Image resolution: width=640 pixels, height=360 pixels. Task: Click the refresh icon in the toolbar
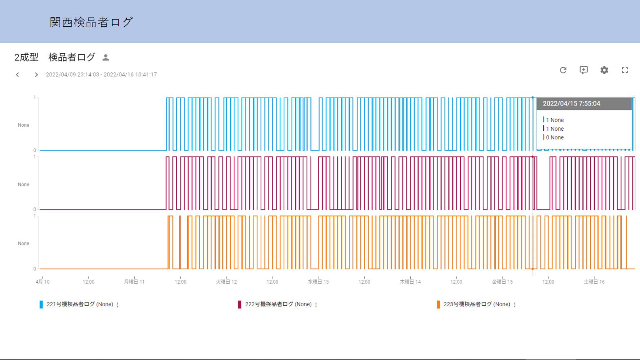563,70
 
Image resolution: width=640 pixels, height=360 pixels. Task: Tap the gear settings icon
604,70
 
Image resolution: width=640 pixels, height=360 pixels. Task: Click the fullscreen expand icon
625,70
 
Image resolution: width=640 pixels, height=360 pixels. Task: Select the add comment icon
583,70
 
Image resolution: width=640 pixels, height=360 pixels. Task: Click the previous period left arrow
17,75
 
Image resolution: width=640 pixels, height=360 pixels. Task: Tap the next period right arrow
36,75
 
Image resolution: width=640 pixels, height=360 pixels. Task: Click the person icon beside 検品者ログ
105,57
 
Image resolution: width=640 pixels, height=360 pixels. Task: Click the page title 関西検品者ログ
91,22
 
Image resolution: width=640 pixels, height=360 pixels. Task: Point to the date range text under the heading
101,75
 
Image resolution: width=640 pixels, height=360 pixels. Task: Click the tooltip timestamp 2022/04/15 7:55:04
571,104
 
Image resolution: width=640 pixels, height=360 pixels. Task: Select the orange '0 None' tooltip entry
555,137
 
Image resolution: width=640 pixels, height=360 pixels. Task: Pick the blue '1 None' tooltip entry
555,120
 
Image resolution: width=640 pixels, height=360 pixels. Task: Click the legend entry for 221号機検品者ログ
80,304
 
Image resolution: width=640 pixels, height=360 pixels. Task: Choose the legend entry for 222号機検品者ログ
278,304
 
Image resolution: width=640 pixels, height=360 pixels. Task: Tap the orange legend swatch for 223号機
438,304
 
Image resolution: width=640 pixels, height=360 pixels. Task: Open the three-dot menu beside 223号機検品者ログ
515,305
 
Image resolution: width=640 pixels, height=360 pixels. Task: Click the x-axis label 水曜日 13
318,282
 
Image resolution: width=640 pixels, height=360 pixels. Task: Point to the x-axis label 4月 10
42,282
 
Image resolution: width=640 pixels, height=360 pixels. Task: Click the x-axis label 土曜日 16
594,282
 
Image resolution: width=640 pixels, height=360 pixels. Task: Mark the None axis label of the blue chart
23,125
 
